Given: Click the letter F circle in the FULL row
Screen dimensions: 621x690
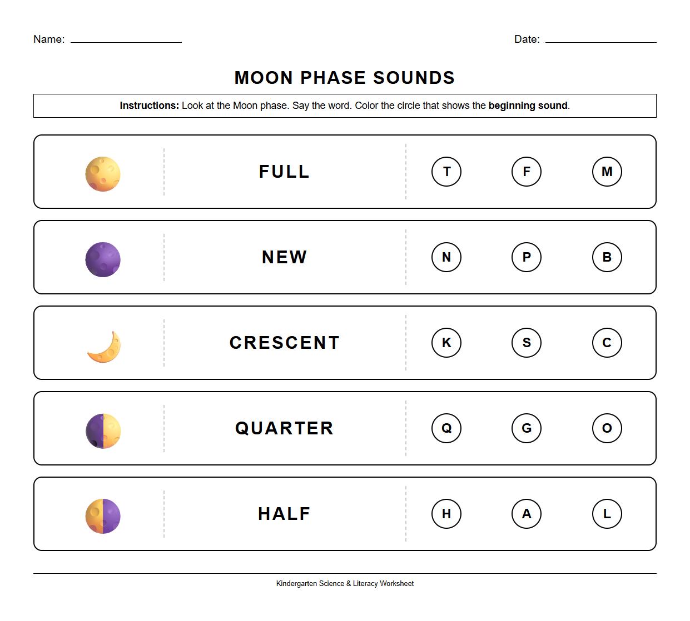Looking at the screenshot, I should click(526, 172).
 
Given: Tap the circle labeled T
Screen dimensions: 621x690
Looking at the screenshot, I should click(446, 172).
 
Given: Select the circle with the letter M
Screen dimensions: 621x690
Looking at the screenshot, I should click(607, 172).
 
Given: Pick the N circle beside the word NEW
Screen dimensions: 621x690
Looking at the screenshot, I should click(446, 257).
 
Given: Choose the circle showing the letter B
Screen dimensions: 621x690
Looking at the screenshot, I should click(607, 257).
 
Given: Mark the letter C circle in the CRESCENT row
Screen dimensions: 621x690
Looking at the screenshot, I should click(607, 343).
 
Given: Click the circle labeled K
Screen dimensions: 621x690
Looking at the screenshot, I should click(446, 343).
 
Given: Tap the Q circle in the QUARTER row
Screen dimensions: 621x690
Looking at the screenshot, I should click(446, 428).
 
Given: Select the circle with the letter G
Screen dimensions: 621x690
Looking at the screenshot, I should click(526, 428).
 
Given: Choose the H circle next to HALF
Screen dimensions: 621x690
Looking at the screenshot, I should click(446, 514).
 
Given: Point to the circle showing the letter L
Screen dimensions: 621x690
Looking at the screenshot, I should click(607, 514).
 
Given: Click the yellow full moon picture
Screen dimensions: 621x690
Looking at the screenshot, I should click(103, 174).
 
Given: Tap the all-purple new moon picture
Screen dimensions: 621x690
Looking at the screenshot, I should click(103, 259).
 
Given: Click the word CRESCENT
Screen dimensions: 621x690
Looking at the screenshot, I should click(284, 343).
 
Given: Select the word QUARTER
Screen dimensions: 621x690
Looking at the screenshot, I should click(284, 428).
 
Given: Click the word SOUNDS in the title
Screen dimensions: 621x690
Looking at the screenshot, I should click(414, 78).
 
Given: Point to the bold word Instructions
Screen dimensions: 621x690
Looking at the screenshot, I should click(149, 106).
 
